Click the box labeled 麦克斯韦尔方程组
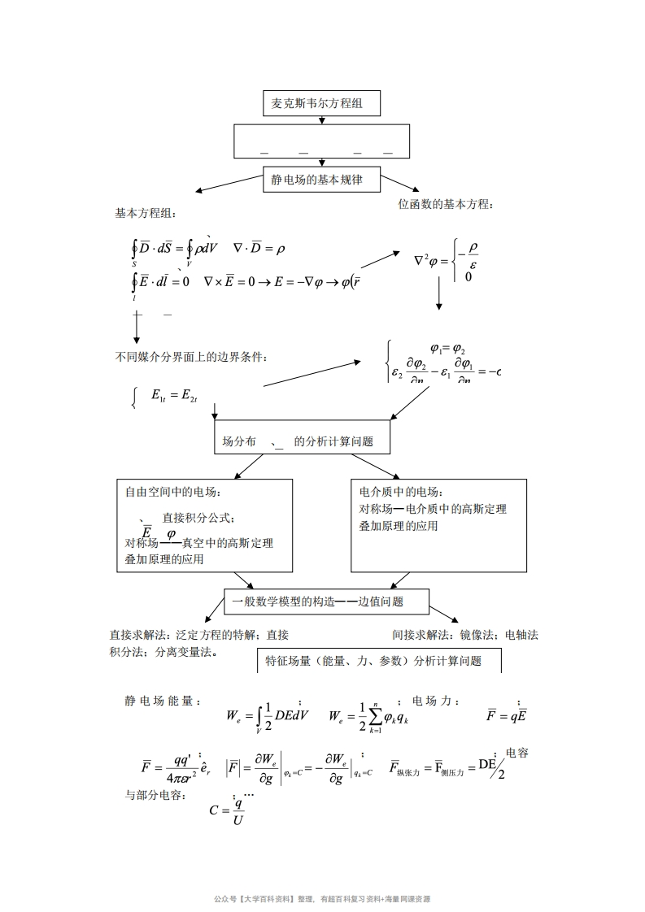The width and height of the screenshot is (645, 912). click(322, 104)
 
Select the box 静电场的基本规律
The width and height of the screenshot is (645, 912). click(322, 180)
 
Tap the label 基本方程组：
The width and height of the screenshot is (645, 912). click(145, 213)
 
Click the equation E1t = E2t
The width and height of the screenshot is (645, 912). click(174, 395)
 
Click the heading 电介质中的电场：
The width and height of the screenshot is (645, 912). click(400, 492)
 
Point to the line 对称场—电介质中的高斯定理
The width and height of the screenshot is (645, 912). click(432, 509)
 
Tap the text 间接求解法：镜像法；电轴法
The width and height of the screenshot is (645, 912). click(464, 635)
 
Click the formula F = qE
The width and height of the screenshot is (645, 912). click(506, 715)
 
